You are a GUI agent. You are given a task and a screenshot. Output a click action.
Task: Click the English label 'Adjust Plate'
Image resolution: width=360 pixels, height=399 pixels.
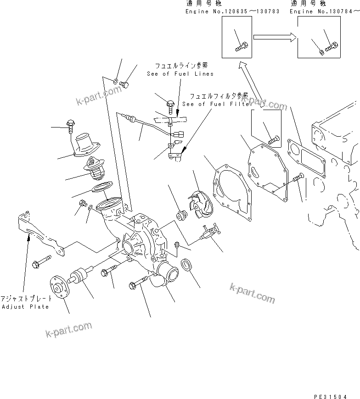click(x=25, y=307)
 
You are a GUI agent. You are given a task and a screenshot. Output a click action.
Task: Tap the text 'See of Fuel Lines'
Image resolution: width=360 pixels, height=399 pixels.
click(x=180, y=74)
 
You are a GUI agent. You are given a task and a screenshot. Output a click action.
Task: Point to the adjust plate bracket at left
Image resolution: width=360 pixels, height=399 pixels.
click(x=39, y=234)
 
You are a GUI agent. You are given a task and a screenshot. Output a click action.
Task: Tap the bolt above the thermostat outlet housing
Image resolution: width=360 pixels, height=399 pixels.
click(x=70, y=124)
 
